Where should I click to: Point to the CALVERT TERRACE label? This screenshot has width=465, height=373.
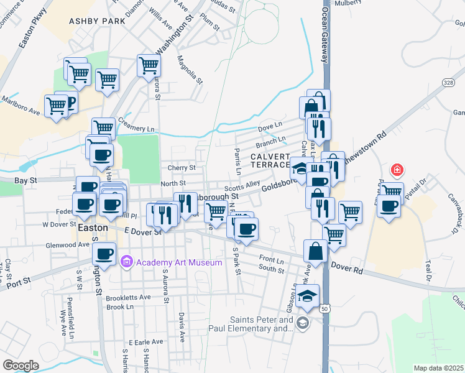[x=271, y=160]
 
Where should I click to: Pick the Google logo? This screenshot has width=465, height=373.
[x=21, y=365]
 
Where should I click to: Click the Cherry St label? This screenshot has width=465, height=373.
[x=182, y=168]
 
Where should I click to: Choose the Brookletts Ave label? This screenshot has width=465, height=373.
[x=128, y=297]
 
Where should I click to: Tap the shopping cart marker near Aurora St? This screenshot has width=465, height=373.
[x=149, y=65]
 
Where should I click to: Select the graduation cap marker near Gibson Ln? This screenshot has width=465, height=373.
[x=307, y=295]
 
